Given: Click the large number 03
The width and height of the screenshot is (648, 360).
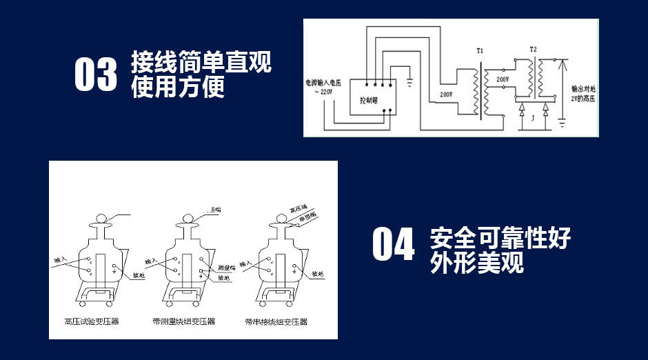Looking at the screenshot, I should click(96, 74).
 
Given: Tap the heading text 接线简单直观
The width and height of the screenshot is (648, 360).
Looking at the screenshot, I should click(201, 63).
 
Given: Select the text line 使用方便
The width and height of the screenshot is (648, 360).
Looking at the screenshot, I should click(178, 87).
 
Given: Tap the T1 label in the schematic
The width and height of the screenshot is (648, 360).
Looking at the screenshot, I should click(480, 51).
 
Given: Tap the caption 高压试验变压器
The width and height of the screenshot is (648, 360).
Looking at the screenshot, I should click(91, 321).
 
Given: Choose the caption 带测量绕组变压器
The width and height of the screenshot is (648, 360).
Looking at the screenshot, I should click(183, 321).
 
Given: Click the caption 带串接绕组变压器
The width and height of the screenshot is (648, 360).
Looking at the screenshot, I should click(276, 321).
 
